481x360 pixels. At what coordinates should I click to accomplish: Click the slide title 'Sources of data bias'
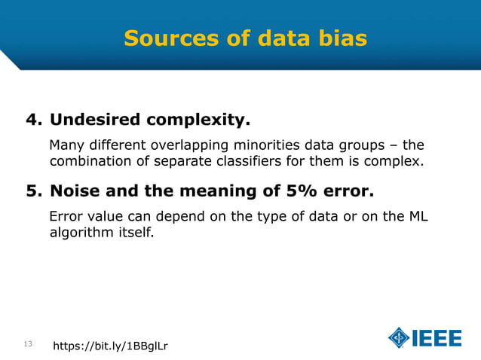pos(245,38)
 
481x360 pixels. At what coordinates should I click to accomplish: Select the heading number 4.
pos(33,120)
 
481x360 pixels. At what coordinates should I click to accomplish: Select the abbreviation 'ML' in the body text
pos(427,218)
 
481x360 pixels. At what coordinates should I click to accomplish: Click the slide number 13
pos(28,344)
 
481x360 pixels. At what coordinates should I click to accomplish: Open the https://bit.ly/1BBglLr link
pos(110,346)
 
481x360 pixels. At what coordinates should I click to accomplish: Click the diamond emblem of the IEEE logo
pos(399,337)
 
